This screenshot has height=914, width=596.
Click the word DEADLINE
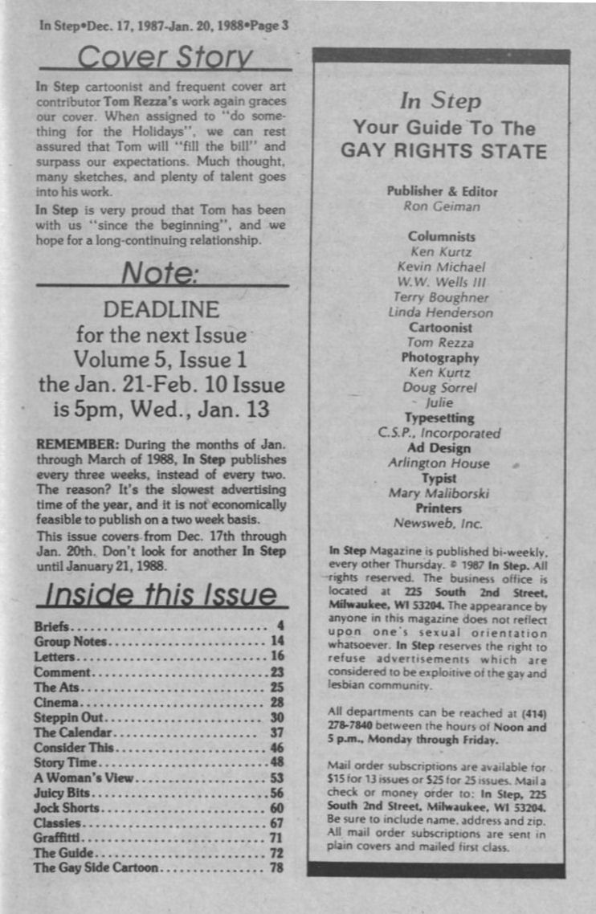click(x=161, y=309)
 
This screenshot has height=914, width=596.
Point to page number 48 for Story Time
click(x=276, y=761)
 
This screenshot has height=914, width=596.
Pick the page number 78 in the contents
click(x=276, y=868)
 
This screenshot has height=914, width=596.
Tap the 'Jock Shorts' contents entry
click(x=67, y=807)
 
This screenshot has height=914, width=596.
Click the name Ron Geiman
click(x=441, y=206)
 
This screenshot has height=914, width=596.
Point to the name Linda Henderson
click(x=440, y=312)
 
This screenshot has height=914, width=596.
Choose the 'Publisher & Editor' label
click(x=442, y=191)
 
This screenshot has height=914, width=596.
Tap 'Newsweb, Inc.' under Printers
click(x=440, y=523)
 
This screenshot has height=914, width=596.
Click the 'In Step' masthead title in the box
click(x=440, y=102)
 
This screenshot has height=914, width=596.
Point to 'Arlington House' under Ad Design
click(x=439, y=463)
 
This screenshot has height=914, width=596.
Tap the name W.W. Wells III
click(x=441, y=282)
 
